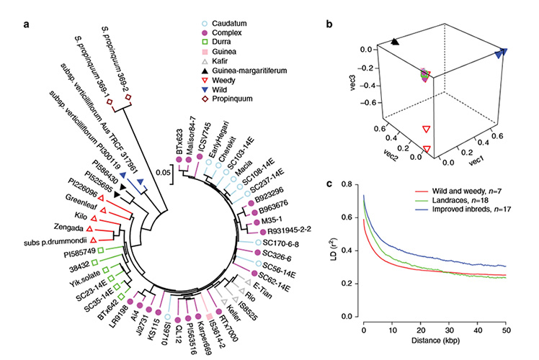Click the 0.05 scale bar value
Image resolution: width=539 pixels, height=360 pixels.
click(x=161, y=174)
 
